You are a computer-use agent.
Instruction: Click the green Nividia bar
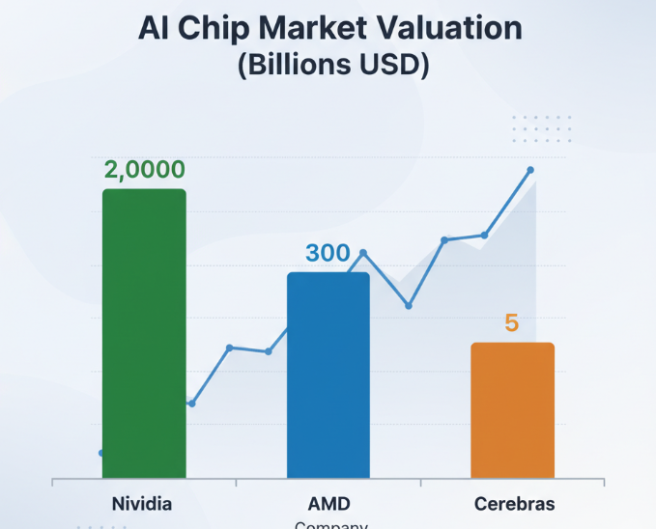click(x=144, y=333)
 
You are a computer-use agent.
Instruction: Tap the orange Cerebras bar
click(x=512, y=410)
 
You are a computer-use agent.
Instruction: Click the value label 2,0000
click(x=144, y=170)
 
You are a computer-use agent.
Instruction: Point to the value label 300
click(x=328, y=254)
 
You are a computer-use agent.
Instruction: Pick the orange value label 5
click(x=512, y=323)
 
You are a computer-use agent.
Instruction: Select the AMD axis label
click(x=328, y=504)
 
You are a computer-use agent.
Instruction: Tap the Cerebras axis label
click(x=515, y=504)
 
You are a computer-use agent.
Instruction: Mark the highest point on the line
click(x=530, y=170)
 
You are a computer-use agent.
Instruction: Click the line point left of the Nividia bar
click(x=102, y=452)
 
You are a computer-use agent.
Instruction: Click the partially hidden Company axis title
click(x=330, y=525)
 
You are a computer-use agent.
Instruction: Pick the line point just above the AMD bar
click(x=363, y=253)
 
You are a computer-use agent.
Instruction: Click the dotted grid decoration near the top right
click(x=541, y=128)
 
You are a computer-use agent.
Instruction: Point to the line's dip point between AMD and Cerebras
click(x=409, y=305)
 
